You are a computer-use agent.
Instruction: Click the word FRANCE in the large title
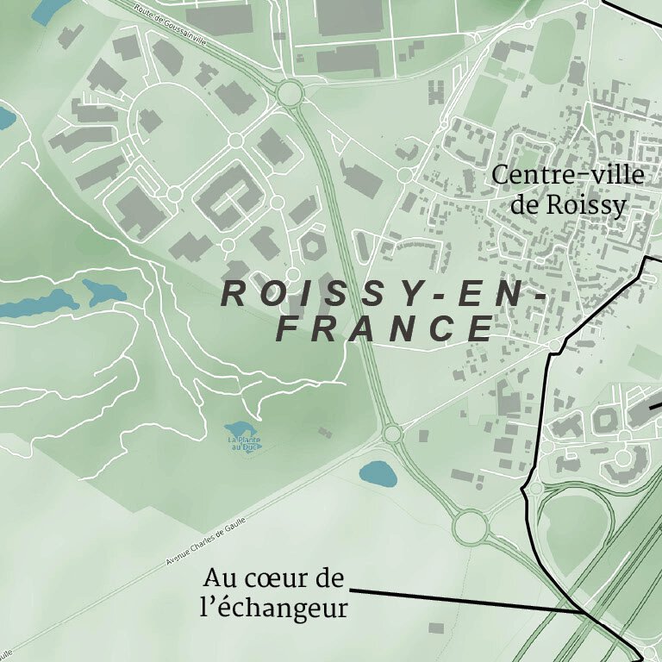tap(385, 328)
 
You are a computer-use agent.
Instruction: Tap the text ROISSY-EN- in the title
tap(384, 294)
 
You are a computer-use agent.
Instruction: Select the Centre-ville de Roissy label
tap(568, 190)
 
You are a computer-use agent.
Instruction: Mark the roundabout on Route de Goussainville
tap(290, 91)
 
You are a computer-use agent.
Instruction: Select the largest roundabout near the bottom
tap(471, 527)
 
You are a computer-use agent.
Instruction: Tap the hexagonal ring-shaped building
tap(311, 246)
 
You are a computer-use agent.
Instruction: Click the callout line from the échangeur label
tap(465, 600)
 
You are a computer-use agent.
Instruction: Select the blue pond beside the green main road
tap(378, 472)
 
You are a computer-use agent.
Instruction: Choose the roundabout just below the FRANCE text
tap(392, 434)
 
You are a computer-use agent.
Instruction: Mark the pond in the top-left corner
tap(47, 10)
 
